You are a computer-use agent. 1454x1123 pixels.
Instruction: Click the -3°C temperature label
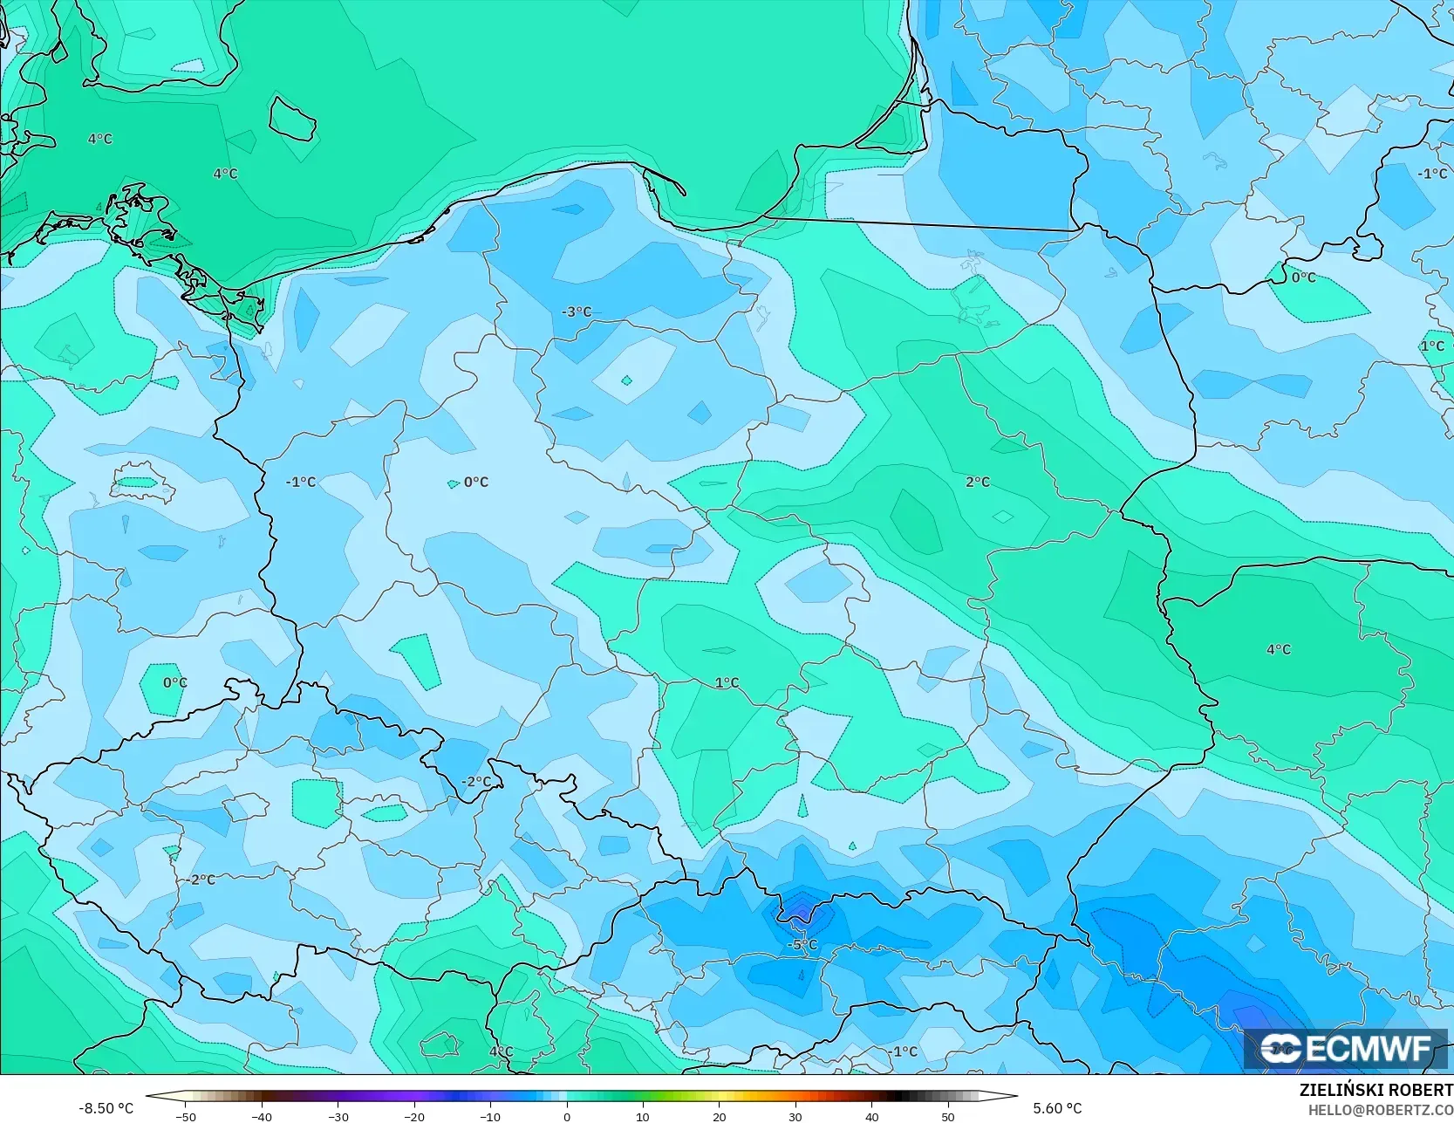click(x=576, y=312)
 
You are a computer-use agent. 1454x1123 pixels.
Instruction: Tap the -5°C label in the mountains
click(x=802, y=945)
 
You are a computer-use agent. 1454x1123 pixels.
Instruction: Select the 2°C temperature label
click(x=977, y=482)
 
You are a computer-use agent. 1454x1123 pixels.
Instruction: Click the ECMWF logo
click(x=1346, y=1048)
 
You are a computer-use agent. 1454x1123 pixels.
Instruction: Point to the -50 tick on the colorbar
click(x=185, y=1115)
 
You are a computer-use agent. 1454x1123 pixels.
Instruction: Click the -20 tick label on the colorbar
click(x=414, y=1115)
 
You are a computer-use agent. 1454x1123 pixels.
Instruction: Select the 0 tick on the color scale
click(x=567, y=1115)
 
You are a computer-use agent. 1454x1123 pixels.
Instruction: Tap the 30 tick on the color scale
click(x=795, y=1115)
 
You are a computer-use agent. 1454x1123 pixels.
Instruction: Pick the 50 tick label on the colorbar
click(x=948, y=1115)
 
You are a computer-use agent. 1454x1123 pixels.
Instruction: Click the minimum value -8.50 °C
click(x=106, y=1108)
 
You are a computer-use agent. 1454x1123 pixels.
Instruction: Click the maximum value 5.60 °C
click(x=1057, y=1108)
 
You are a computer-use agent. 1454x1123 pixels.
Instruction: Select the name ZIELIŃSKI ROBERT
click(x=1375, y=1090)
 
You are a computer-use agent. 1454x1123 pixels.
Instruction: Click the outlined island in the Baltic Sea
click(x=291, y=119)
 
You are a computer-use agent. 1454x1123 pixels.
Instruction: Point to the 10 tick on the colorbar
click(x=643, y=1115)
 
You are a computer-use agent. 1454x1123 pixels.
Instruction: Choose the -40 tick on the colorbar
click(x=262, y=1115)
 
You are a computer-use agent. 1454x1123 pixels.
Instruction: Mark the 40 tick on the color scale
click(x=872, y=1115)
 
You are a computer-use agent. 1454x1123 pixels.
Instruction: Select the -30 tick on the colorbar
click(x=338, y=1115)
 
